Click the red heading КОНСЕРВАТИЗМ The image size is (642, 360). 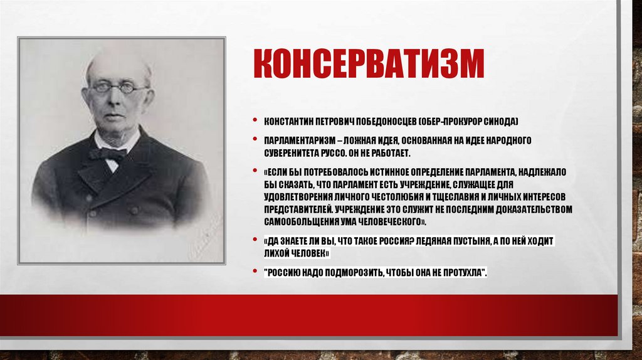pyautogui.click(x=369, y=65)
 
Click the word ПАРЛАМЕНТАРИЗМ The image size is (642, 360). pyautogui.click(x=298, y=140)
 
